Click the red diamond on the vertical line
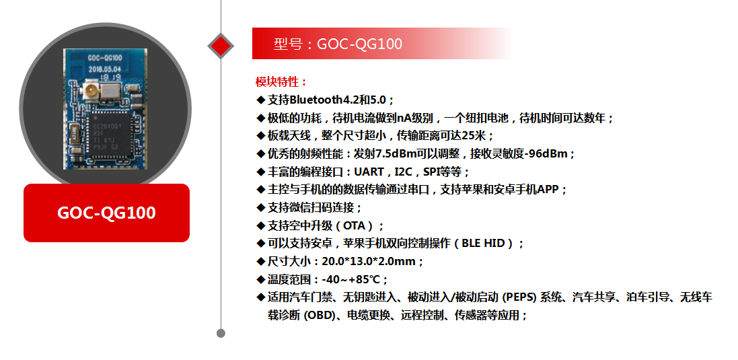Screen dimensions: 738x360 pos(221,46)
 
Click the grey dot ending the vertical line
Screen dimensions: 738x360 pos(221,333)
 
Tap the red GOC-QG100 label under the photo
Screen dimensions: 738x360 pos(106,213)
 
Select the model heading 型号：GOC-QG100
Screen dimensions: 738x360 pos(338,44)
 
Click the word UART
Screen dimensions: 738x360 pos(369,172)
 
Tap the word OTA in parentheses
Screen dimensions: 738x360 pos(355,225)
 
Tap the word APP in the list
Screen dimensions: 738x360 pos(548,189)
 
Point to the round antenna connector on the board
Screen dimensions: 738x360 pos(91,89)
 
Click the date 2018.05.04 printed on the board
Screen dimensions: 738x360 pos(105,69)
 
